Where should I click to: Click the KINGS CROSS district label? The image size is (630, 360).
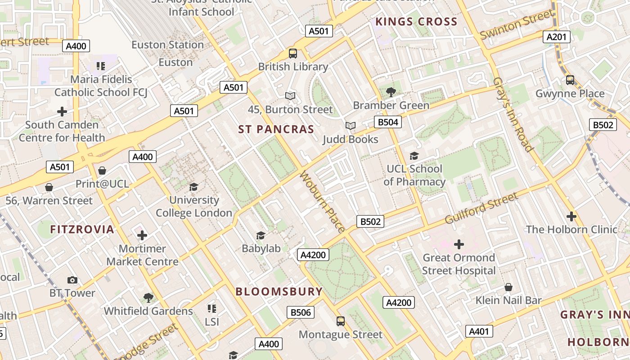[x=416, y=22]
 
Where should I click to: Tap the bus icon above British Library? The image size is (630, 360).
[x=293, y=54]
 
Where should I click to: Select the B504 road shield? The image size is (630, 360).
[x=387, y=122]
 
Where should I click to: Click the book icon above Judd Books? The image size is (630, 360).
[x=351, y=126]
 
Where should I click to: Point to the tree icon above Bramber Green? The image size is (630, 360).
[x=391, y=92]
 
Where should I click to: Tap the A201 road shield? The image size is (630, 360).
[x=556, y=37]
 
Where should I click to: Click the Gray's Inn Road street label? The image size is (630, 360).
[x=513, y=114]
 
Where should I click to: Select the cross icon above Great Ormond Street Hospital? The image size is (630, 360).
[x=459, y=244]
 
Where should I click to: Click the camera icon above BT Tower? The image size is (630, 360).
[x=72, y=280]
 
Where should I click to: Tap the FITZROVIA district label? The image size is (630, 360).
[x=82, y=229]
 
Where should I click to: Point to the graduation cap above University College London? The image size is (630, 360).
[x=194, y=187]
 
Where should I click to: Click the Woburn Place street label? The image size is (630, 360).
[x=322, y=201]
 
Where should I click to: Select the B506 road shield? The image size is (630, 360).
[x=301, y=312]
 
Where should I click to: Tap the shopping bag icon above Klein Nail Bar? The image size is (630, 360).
[x=508, y=287]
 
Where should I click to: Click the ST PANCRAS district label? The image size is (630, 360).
[x=276, y=130]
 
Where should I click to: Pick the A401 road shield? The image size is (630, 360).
[x=479, y=332]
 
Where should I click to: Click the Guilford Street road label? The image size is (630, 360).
[x=481, y=208]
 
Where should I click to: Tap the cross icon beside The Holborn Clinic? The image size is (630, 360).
[x=571, y=216]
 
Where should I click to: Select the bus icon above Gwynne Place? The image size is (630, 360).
[x=570, y=80]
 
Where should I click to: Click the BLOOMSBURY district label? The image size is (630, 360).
[x=279, y=292]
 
